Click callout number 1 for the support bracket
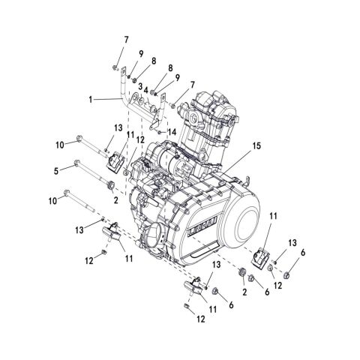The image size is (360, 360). pos(92,98)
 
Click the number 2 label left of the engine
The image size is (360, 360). pos(116,202)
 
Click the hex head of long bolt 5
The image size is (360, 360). pos(78,165)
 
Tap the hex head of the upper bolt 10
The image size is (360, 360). pos(79,139)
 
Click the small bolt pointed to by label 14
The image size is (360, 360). pos(160,133)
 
